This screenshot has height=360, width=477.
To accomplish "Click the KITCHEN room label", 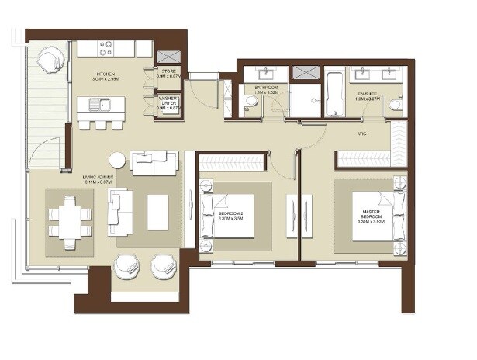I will pyautogui.click(x=103, y=74).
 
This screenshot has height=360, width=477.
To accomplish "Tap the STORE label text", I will pyautogui.click(x=168, y=71).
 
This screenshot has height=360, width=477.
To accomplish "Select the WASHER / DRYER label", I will pyautogui.click(x=168, y=101).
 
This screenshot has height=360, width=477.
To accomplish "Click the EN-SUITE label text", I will pyautogui.click(x=367, y=94).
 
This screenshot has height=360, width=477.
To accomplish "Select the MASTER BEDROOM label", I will pyautogui.click(x=368, y=214).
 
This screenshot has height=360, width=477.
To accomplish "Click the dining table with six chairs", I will pyautogui.click(x=71, y=220).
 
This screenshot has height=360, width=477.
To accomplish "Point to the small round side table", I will pyautogui.click(x=117, y=160).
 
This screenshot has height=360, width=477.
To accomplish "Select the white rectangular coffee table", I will pyautogui.click(x=157, y=211).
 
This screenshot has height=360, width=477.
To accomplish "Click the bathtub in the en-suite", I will pyautogui.click(x=335, y=93).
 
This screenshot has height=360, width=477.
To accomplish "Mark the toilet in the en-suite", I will pyautogui.click(x=393, y=106).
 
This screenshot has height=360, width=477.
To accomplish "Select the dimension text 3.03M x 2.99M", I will pyautogui.click(x=103, y=79).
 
